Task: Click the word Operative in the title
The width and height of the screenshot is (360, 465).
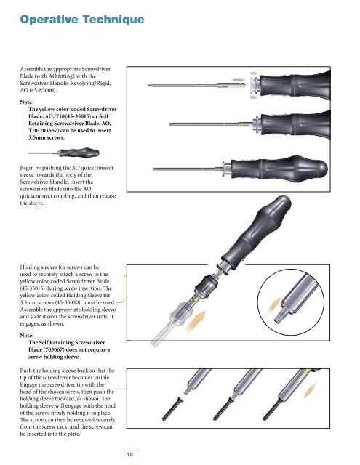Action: click(49, 20)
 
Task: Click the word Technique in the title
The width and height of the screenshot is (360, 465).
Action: click(113, 20)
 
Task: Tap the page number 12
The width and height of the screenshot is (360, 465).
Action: click(130, 454)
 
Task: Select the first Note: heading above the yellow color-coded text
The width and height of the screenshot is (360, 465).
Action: click(27, 102)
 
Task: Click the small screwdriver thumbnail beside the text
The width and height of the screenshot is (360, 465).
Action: click(63, 153)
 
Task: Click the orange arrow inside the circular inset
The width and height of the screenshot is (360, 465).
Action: click(273, 305)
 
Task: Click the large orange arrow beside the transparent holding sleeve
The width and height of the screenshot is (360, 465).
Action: click(195, 322)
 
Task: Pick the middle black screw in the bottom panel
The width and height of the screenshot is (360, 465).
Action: click(223, 409)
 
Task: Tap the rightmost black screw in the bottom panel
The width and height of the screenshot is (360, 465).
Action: click(273, 409)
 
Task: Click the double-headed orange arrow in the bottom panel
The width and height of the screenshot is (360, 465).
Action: click(310, 390)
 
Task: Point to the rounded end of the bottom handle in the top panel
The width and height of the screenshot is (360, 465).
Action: click(321, 169)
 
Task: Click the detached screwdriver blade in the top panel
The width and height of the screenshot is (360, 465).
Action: click(196, 86)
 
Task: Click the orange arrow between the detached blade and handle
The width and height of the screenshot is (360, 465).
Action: click(239, 80)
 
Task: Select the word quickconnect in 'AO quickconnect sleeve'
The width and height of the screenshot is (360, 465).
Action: click(97, 168)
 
